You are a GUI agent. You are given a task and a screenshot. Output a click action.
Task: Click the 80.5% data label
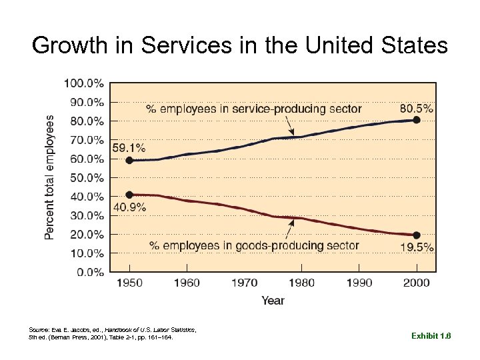416,108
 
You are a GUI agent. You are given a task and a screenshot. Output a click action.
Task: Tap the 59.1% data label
129,147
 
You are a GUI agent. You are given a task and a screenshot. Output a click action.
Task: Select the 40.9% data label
129,207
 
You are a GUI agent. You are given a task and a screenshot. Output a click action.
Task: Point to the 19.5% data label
417,247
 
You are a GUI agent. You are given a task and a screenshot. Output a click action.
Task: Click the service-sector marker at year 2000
417,120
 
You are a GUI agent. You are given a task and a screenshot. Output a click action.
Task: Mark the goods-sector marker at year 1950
129,195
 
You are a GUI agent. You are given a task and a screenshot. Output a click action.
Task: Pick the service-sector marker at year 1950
129,160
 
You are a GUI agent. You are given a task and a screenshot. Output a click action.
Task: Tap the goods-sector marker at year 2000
417,235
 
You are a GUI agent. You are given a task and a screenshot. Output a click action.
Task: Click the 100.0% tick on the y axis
83,83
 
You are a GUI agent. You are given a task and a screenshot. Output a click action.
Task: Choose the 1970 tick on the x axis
244,283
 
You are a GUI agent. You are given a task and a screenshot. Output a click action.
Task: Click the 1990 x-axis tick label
359,283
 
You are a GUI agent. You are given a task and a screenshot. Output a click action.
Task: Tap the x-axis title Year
273,301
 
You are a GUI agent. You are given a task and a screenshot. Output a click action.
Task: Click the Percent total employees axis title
51,177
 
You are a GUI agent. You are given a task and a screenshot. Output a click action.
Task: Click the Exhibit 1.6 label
431,337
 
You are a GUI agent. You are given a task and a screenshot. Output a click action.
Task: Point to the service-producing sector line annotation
253,109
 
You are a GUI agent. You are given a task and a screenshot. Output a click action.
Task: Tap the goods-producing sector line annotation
254,245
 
